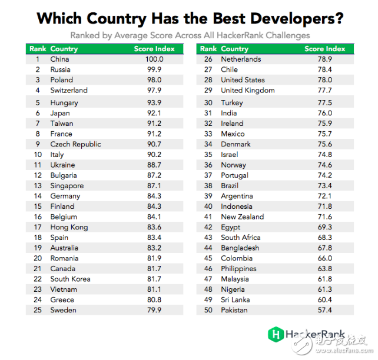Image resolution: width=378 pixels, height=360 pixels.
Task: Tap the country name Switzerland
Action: pos(69,91)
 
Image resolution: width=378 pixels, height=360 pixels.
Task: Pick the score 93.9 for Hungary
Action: pos(154,103)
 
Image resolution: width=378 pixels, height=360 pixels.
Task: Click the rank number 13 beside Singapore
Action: pos(37,186)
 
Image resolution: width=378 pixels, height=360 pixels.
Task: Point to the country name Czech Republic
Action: pos(75,144)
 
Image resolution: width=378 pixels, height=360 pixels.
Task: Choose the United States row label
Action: pos(243,80)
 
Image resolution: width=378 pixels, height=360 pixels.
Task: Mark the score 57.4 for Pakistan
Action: pos(324,310)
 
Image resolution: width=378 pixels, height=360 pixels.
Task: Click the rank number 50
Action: pos(208,310)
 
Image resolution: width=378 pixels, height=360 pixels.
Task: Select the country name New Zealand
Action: pos(242,217)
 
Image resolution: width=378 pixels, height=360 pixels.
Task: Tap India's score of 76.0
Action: pos(324,114)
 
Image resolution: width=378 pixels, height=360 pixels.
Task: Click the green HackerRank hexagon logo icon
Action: pos(275,335)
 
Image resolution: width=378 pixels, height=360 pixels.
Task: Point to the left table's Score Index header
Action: pos(154,49)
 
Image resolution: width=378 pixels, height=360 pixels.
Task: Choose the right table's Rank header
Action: pos(208,49)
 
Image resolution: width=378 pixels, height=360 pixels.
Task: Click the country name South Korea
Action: pos(70,279)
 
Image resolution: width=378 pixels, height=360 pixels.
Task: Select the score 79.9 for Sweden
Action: pos(154,310)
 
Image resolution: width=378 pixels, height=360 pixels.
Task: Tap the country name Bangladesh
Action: pos(240,248)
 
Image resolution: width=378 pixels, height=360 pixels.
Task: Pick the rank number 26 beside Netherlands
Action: pos(208,59)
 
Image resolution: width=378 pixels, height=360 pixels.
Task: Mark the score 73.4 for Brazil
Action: pos(324,186)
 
